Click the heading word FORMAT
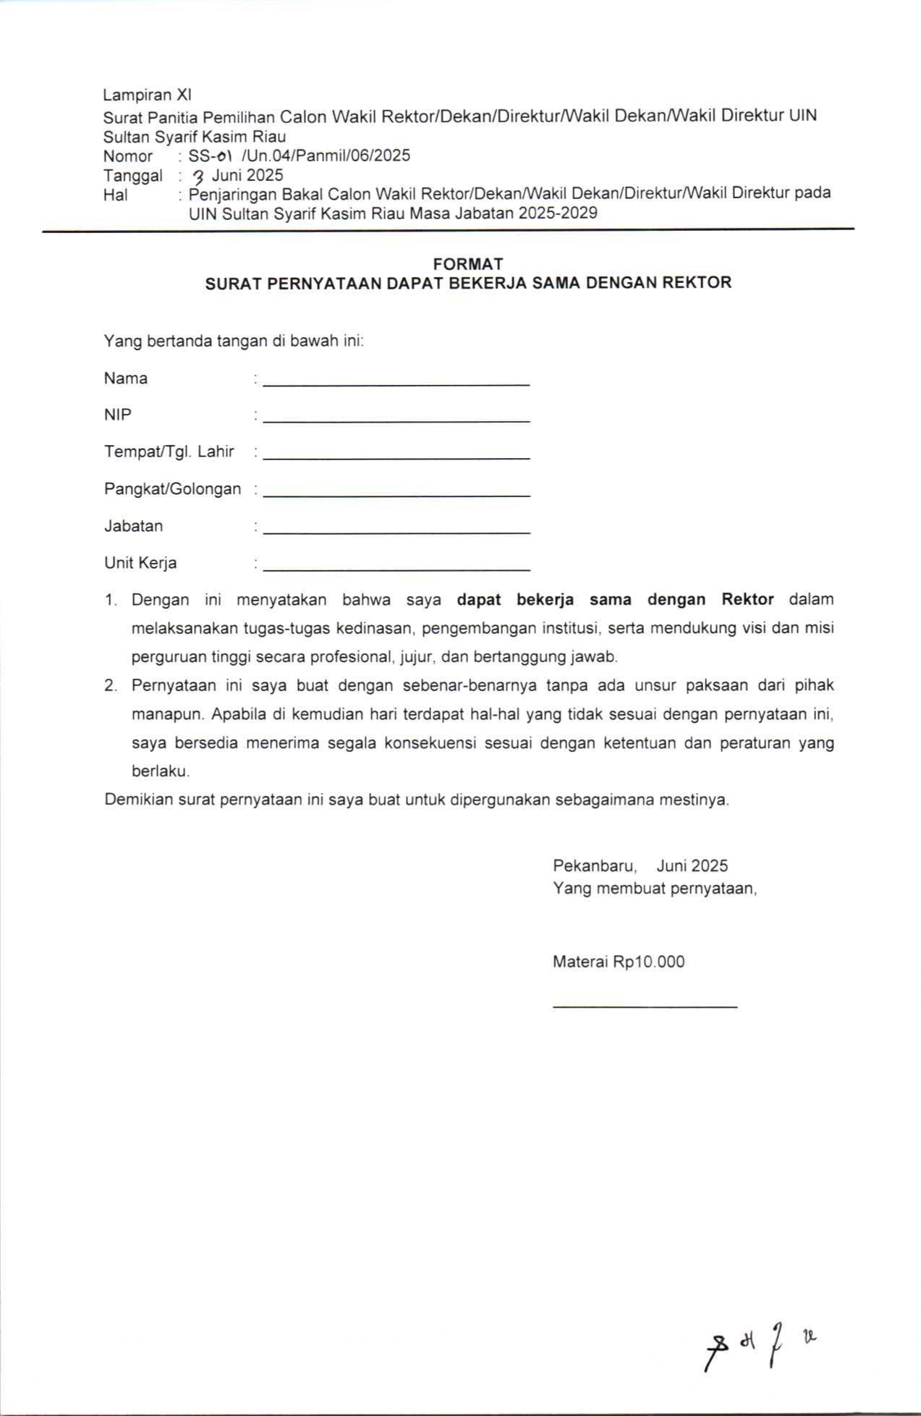468,264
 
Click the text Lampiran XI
147,95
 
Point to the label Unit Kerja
140,563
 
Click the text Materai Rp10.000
619,962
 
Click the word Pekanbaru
594,866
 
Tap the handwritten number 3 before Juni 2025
197,176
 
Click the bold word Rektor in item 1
747,600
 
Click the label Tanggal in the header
132,176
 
